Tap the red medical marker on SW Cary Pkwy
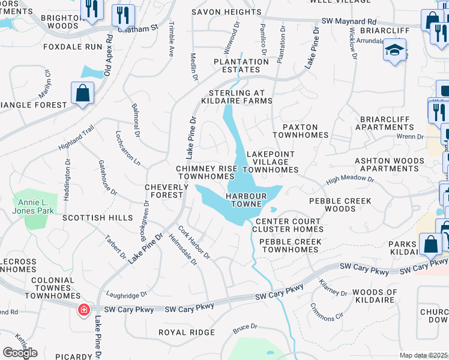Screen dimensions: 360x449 pyautogui.click(x=83, y=310)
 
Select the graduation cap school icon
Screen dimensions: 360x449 pyautogui.click(x=395, y=50)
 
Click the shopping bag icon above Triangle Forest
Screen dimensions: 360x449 pyautogui.click(x=82, y=94)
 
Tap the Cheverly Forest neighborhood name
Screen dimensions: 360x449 pyautogui.click(x=163, y=191)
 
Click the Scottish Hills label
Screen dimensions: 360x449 pyautogui.click(x=97, y=218)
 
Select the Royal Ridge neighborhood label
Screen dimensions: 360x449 pyautogui.click(x=186, y=332)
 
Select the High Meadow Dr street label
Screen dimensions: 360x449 pyautogui.click(x=350, y=179)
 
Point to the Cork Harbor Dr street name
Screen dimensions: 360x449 pyautogui.click(x=194, y=242)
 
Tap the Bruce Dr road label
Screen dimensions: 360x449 pyautogui.click(x=245, y=328)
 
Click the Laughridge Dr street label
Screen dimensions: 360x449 pyautogui.click(x=126, y=295)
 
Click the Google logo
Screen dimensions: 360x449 pyautogui.click(x=20, y=353)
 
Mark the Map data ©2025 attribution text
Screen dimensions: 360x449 pyautogui.click(x=423, y=356)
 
